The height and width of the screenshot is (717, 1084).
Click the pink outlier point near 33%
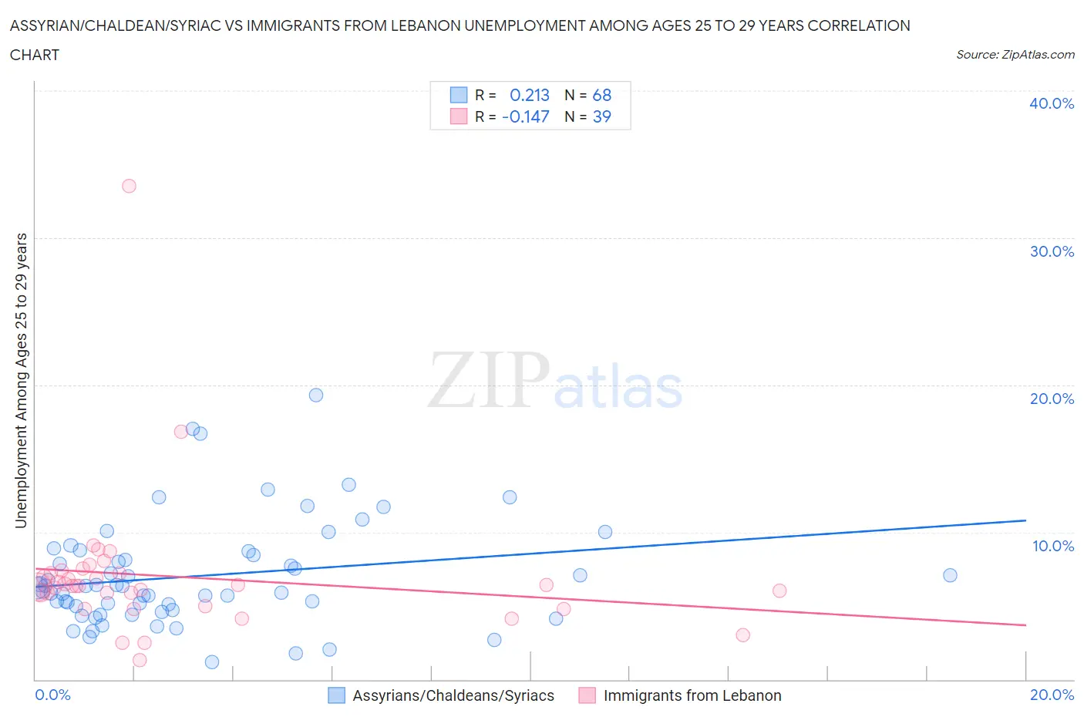(129, 186)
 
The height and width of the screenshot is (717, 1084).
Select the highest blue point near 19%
(316, 395)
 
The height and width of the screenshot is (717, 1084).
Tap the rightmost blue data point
(950, 575)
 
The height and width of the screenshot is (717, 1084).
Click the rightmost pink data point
(779, 591)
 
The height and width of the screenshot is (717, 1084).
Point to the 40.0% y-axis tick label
(1052, 103)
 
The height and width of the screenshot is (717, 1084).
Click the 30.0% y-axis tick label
(1052, 251)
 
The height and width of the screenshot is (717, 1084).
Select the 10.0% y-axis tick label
(1053, 546)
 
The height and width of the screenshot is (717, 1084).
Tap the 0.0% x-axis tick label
(52, 695)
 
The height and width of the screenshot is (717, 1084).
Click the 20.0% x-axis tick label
(1052, 695)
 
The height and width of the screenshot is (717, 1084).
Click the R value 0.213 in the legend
(530, 95)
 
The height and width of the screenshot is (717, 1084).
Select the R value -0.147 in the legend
(526, 116)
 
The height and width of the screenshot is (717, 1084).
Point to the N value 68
(601, 95)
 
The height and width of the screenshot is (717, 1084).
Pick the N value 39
(601, 116)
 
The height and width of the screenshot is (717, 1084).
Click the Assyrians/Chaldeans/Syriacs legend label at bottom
(453, 695)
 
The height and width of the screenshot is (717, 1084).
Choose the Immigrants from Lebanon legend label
(692, 695)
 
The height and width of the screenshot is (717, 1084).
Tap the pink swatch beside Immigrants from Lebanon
(587, 695)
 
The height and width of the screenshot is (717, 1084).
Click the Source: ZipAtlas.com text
(1015, 54)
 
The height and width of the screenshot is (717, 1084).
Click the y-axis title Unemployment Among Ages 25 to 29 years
(22, 380)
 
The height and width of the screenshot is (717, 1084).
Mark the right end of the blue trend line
(1025, 520)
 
